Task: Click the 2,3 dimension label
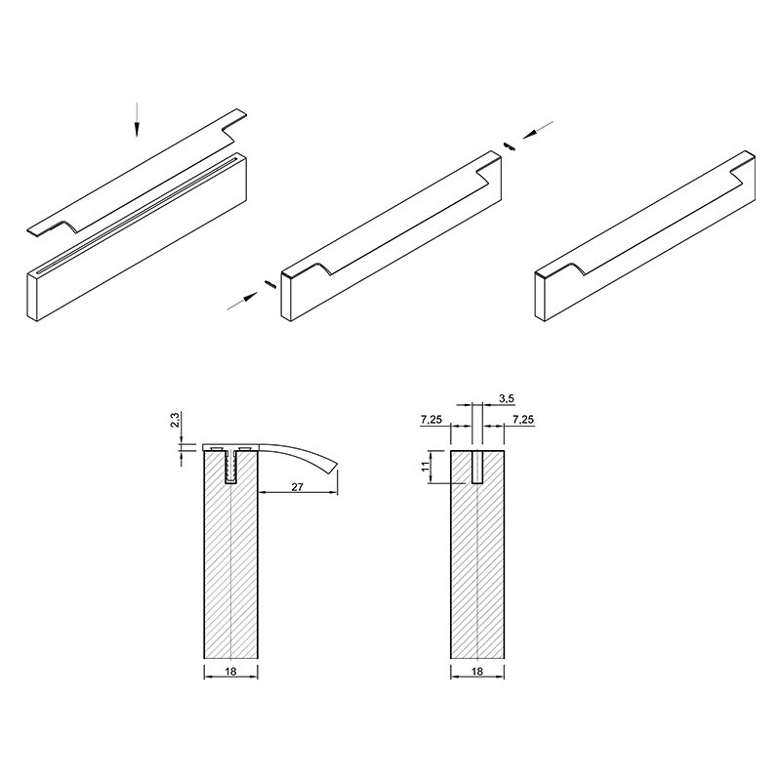(175, 419)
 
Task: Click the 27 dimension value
(298, 486)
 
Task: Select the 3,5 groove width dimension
(507, 398)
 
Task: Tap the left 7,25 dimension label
(432, 420)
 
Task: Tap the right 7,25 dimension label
(523, 420)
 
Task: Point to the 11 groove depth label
(425, 467)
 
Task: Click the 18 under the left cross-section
(230, 671)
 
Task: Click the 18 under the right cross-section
(477, 671)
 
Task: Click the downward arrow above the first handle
(137, 119)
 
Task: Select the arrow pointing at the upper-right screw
(538, 129)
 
